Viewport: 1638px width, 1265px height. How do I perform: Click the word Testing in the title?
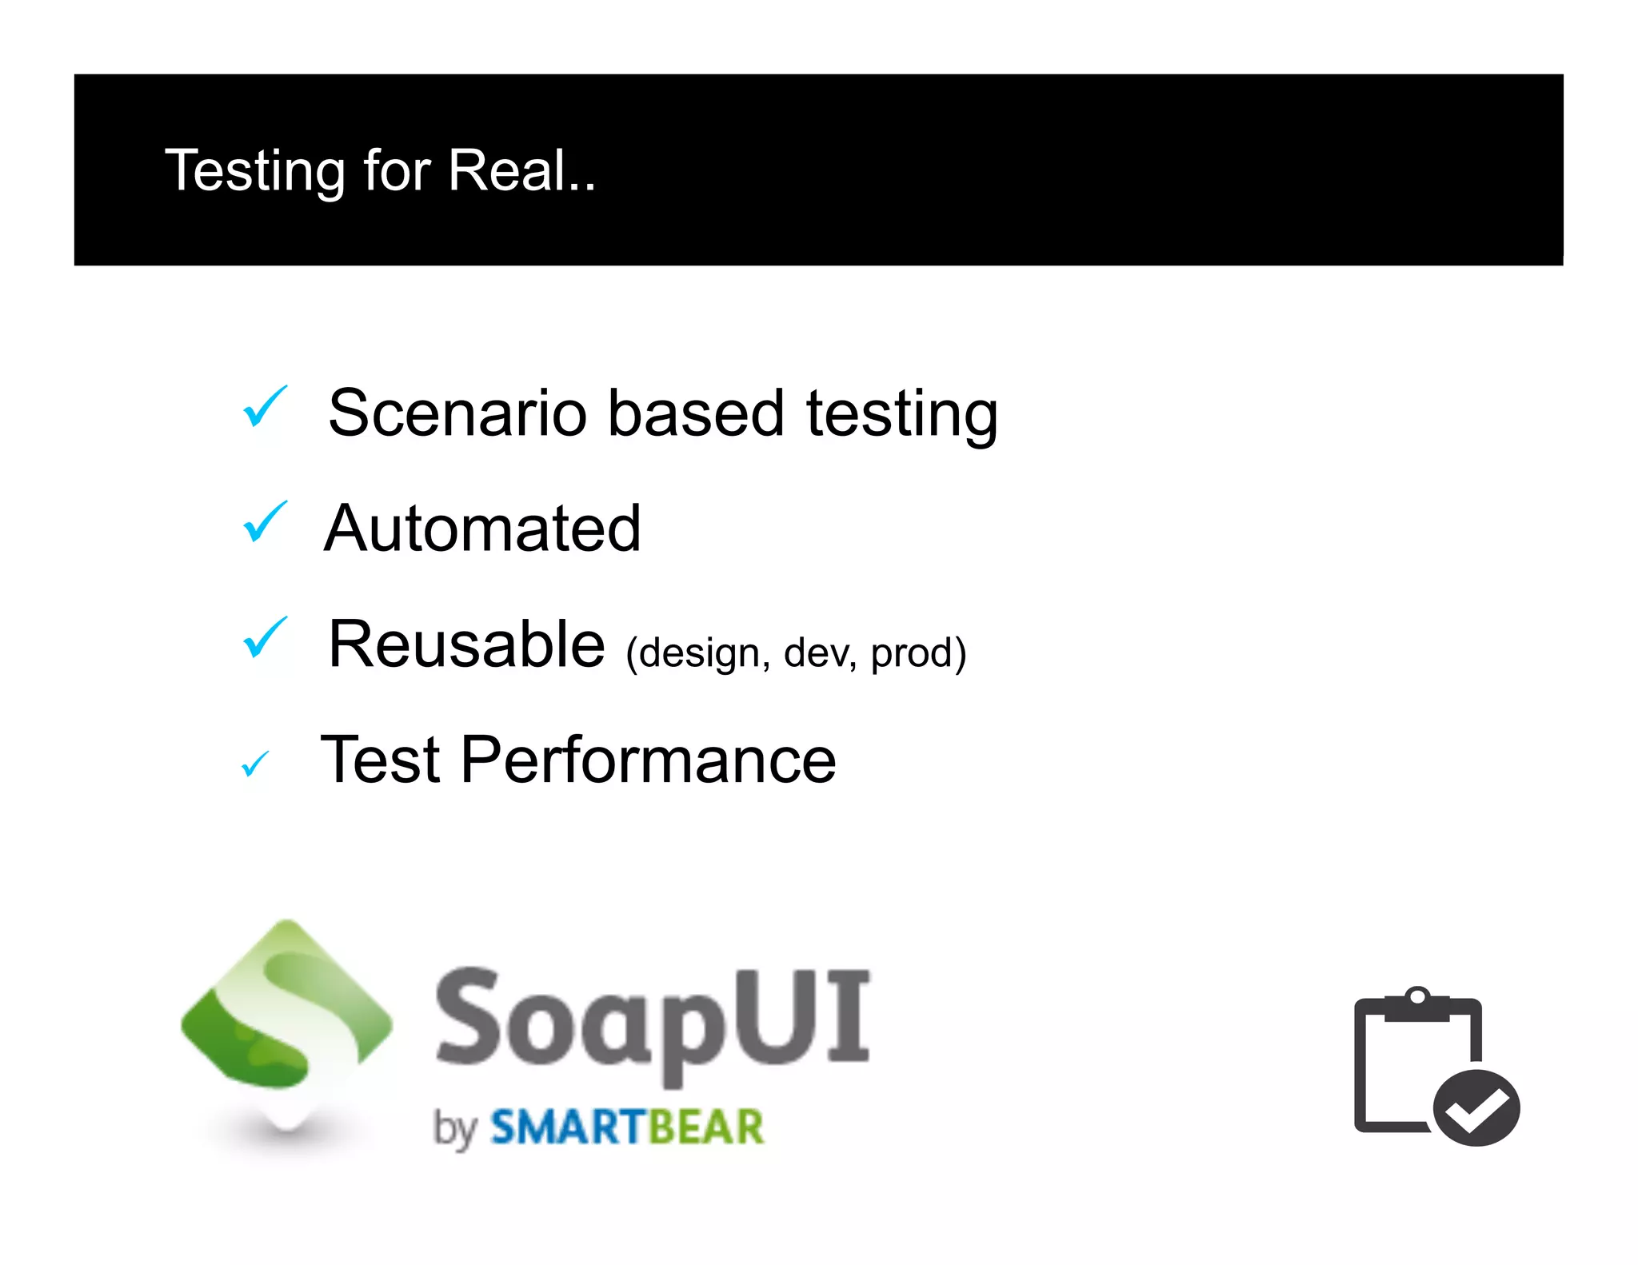254,171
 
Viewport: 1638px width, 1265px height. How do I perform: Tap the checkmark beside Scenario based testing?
264,406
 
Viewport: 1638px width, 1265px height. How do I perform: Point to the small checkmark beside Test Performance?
255,764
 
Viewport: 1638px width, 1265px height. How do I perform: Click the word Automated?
482,529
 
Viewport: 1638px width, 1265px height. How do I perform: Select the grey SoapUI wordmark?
652,1020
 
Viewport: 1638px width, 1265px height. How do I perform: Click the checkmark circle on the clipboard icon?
1476,1108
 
